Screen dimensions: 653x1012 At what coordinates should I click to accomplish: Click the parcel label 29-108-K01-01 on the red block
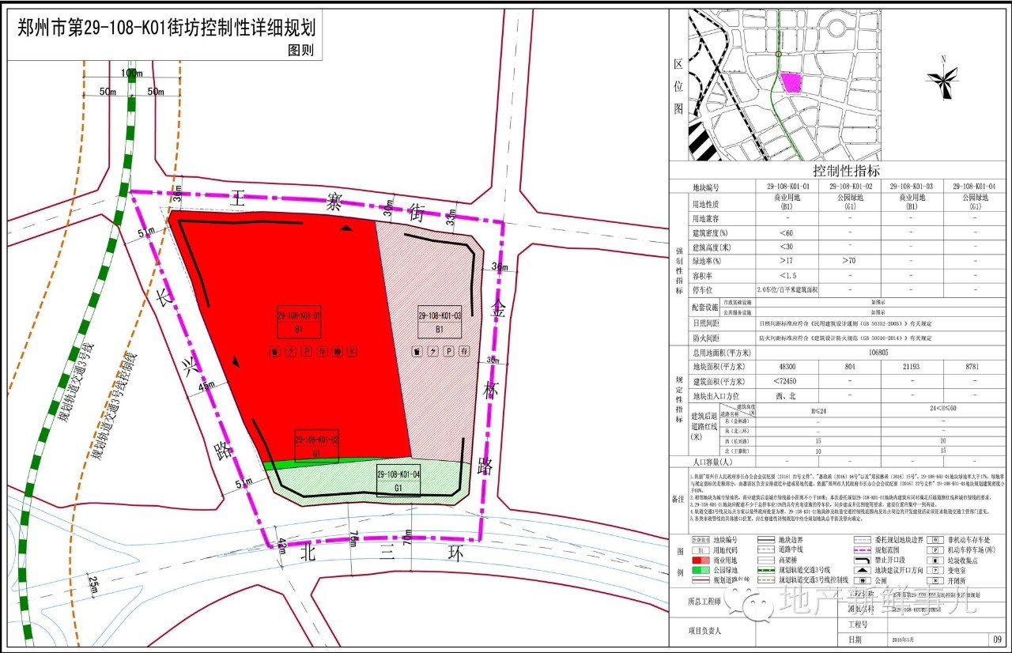299,315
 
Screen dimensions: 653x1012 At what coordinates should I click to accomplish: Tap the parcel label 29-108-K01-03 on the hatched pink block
440,315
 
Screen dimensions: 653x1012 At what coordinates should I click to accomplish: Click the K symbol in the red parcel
353,351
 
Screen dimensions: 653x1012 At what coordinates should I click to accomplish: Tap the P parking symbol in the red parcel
306,351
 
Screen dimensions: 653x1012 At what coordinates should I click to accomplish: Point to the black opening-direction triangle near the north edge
346,228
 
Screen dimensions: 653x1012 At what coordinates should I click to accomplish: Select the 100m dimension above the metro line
133,74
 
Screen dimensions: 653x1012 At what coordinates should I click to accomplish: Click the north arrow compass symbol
942,77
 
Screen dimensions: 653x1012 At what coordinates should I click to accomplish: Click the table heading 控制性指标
840,171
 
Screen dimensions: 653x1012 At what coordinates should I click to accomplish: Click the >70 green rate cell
849,261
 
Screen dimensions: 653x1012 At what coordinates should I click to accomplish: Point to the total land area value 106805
878,353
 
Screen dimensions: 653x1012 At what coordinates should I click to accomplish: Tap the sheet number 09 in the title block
998,639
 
